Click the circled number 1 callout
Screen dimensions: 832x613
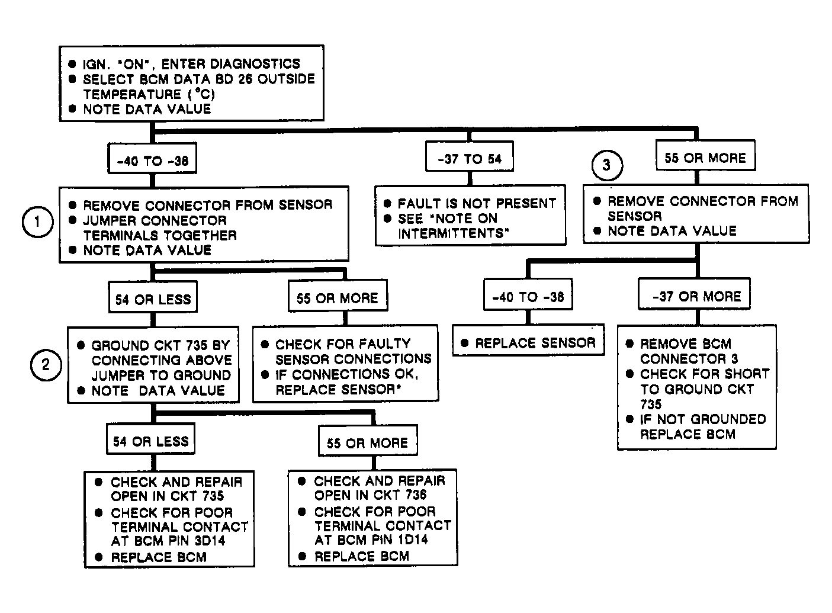point(37,222)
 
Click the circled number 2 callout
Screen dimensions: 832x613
point(46,365)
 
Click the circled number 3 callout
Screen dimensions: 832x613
point(608,165)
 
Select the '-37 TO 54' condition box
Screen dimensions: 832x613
point(470,156)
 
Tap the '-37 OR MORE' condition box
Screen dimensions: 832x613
point(694,294)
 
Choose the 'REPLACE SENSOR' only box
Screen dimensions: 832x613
point(528,340)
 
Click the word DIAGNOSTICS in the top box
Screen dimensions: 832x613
point(255,64)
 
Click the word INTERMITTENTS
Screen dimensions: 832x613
point(452,233)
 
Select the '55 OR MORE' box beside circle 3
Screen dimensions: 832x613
point(705,155)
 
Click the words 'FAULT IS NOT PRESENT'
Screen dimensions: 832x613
point(477,203)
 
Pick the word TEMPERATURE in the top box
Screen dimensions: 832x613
point(132,94)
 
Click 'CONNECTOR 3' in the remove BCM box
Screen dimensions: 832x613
point(689,358)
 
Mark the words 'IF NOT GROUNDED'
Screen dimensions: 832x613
point(703,419)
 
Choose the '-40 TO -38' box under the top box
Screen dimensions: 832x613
point(152,158)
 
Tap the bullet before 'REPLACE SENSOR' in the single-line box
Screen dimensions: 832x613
point(464,342)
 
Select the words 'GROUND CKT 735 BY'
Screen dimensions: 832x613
point(160,345)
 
